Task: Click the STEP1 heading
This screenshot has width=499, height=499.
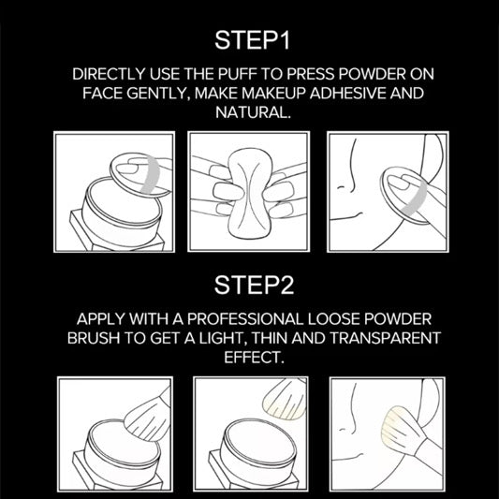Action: pos(253,40)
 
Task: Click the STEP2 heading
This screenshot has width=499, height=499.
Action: pos(254,285)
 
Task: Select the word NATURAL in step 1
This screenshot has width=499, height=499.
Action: pos(253,112)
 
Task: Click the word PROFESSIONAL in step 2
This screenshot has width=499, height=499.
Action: pos(245,319)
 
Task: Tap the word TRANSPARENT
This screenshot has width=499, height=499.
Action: pos(385,338)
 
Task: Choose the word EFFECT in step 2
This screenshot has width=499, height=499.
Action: pos(254,357)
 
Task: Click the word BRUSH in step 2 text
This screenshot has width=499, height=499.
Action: pos(94,338)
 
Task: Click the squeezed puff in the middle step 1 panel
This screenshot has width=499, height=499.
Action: pos(249,193)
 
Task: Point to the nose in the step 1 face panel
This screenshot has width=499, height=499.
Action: pos(347,178)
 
